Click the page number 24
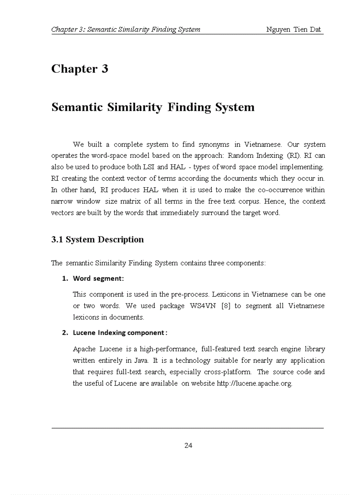tap(188, 445)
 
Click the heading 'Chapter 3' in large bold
tap(80, 69)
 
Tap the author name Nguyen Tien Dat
tap(293, 30)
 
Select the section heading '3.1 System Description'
tap(97, 240)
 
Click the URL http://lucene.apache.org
tap(254, 383)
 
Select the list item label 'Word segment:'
tap(98, 279)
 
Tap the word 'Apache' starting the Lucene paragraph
tap(84, 349)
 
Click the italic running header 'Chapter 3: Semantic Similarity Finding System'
tap(126, 30)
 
